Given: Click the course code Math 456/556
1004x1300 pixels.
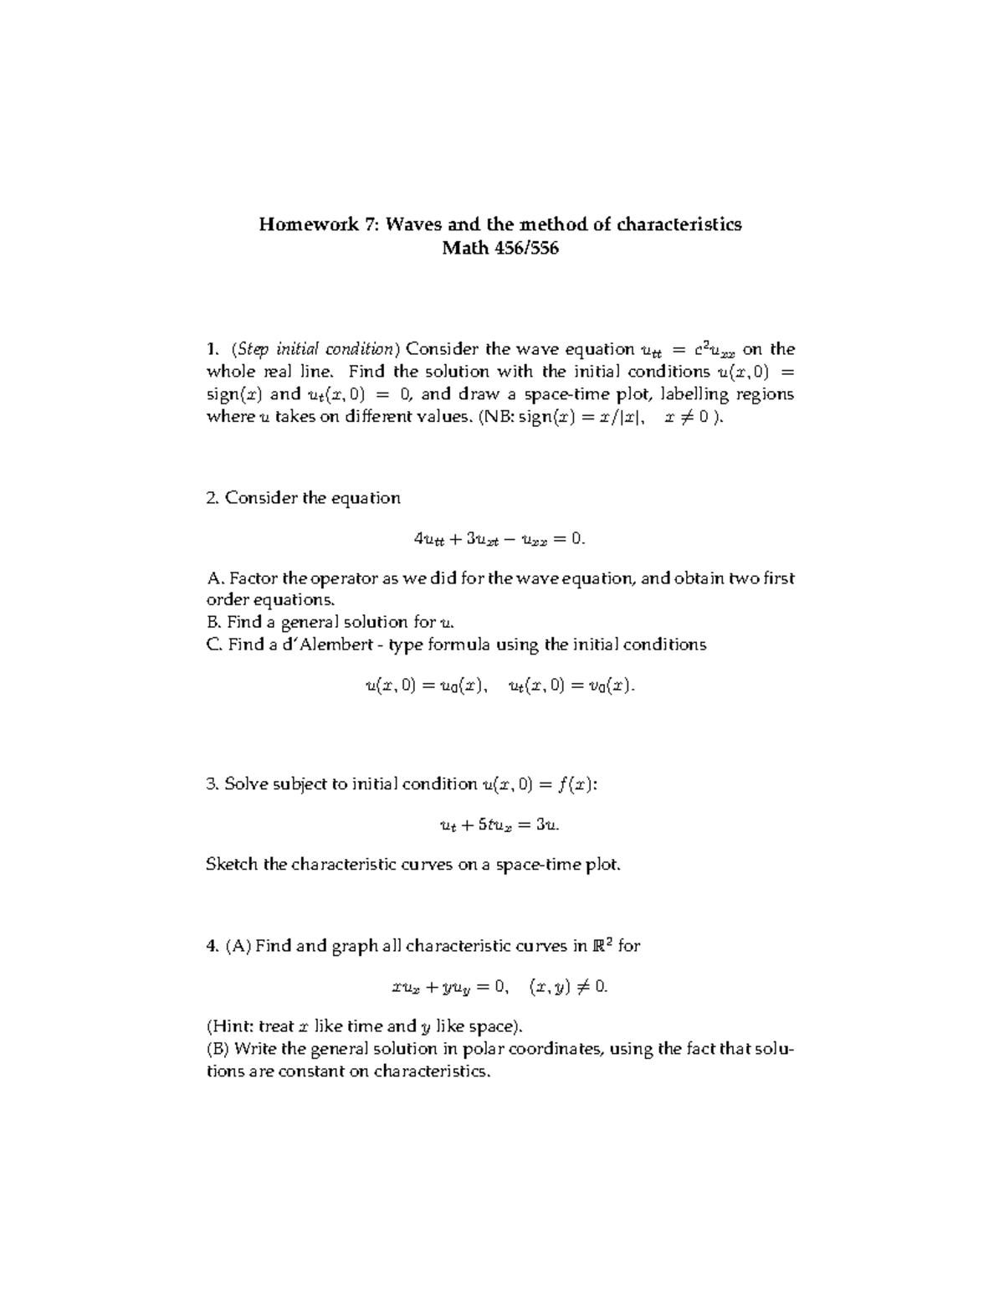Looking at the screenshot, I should click(500, 249).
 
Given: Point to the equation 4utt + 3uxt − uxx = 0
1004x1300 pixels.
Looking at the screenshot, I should click(499, 540).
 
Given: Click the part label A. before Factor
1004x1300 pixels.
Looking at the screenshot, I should click(215, 578).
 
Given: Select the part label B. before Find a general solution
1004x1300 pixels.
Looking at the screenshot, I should click(214, 622).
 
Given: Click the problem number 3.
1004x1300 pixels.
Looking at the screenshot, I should click(212, 784).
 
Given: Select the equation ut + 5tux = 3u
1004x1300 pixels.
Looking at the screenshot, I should click(499, 825).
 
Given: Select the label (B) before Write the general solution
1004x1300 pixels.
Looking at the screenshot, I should click(218, 1049).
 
